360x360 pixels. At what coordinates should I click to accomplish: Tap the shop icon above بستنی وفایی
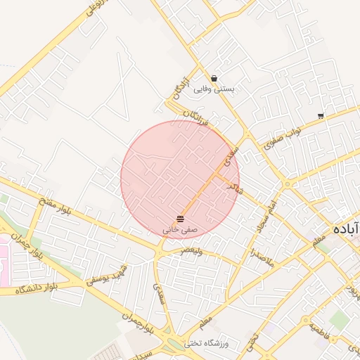pos(214,79)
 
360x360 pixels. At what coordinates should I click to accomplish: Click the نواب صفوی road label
pos(283,139)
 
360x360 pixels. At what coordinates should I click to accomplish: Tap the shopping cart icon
pos(321,116)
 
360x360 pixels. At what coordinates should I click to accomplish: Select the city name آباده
pos(348,229)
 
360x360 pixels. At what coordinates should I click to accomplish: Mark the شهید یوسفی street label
pos(108,276)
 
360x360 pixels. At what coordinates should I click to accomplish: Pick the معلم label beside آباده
pos(320,240)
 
